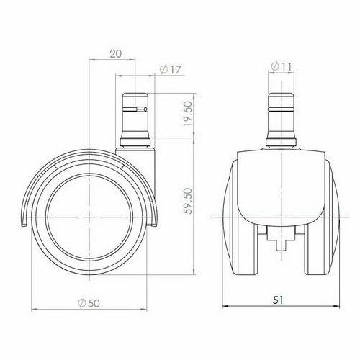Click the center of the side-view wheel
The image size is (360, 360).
point(90,217)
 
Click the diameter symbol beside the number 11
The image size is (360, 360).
point(274,67)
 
